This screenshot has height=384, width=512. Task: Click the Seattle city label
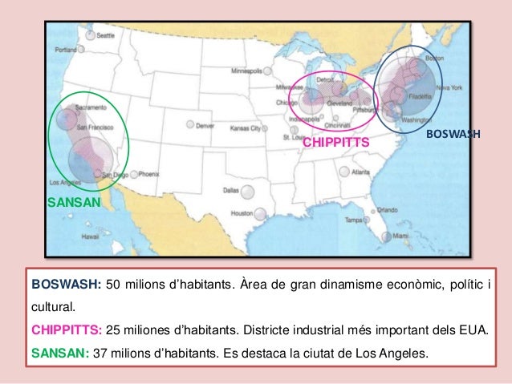pyautogui.click(x=104, y=36)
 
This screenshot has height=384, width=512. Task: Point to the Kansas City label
pyautogui.click(x=246, y=127)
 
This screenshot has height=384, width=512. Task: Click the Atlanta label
pyautogui.click(x=360, y=172)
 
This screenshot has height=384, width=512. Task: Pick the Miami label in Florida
pyautogui.click(x=401, y=236)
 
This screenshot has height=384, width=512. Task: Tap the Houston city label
pyautogui.click(x=242, y=213)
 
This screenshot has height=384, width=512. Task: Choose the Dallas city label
pyautogui.click(x=231, y=191)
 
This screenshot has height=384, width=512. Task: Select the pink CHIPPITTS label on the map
pyautogui.click(x=335, y=142)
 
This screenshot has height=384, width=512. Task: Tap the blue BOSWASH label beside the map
pyautogui.click(x=453, y=134)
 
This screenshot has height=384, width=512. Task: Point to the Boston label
pyautogui.click(x=434, y=59)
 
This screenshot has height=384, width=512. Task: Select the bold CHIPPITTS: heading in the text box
pyautogui.click(x=67, y=331)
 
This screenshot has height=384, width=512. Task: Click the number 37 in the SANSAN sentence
pyautogui.click(x=102, y=354)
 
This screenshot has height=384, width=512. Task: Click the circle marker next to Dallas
pyautogui.click(x=248, y=192)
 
